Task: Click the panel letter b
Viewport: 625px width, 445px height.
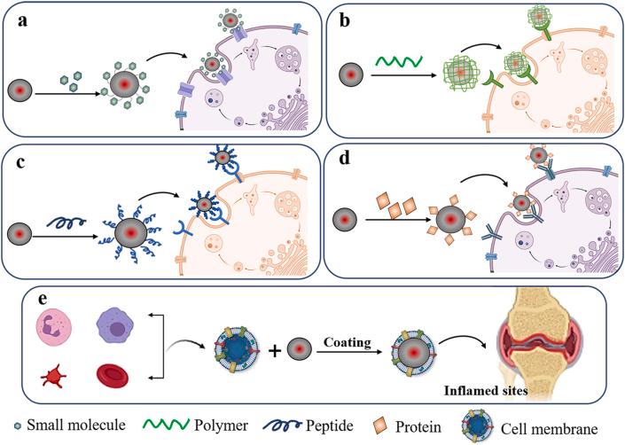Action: coord(340,21)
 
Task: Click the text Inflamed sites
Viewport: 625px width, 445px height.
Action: coord(487,387)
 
